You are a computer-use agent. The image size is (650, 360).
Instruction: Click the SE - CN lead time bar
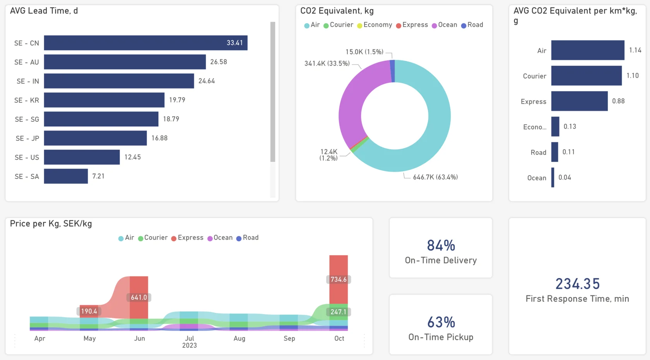pyautogui.click(x=145, y=43)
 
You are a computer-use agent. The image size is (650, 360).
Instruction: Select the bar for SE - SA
pyautogui.click(x=66, y=176)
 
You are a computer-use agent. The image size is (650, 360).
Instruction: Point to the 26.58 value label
pyautogui.click(x=219, y=62)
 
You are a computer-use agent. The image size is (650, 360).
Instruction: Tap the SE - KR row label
pyautogui.click(x=27, y=100)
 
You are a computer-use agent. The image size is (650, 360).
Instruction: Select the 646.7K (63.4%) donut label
pyautogui.click(x=435, y=177)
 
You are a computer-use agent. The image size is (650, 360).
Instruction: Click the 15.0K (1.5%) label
pyautogui.click(x=364, y=52)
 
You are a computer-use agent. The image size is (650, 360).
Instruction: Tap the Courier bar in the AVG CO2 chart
pyautogui.click(x=587, y=76)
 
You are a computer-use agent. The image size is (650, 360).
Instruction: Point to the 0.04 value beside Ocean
pyautogui.click(x=565, y=177)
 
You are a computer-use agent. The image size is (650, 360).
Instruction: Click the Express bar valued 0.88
pyautogui.click(x=580, y=101)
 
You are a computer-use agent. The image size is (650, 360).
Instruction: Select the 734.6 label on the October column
pyautogui.click(x=338, y=279)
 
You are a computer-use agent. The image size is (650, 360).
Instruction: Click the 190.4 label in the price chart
pyautogui.click(x=89, y=311)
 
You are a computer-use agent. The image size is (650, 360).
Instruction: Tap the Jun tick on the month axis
pyautogui.click(x=139, y=338)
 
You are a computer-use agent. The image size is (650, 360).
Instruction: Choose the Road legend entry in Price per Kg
pyautogui.click(x=248, y=238)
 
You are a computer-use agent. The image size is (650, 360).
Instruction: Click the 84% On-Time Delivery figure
pyautogui.click(x=441, y=246)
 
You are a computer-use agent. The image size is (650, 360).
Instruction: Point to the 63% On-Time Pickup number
pyautogui.click(x=441, y=322)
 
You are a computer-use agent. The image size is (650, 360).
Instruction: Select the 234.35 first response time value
pyautogui.click(x=577, y=284)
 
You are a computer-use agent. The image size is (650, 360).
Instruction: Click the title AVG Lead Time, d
pyautogui.click(x=44, y=11)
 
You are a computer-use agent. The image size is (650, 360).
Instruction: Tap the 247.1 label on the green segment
pyautogui.click(x=338, y=312)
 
